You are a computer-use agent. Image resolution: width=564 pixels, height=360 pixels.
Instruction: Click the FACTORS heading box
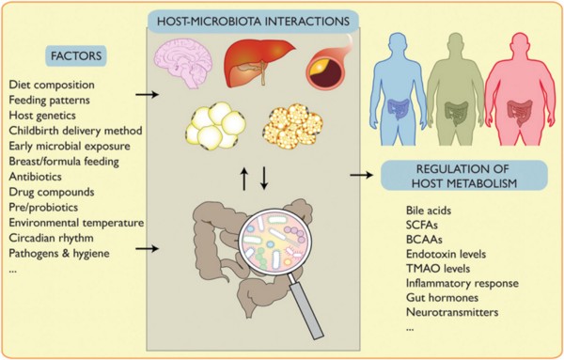(76, 55)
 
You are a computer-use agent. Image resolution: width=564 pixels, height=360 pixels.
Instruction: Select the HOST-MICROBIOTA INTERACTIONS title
(253, 22)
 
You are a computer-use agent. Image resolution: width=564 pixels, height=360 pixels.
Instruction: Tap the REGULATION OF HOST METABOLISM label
(464, 176)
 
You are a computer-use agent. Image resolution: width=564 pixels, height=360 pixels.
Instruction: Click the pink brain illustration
(183, 63)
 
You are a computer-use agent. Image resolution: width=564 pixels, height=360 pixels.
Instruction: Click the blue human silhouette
(399, 89)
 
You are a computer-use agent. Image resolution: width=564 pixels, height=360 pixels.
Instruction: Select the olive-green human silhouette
(457, 89)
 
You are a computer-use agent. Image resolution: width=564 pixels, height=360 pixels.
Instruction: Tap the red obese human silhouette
(520, 89)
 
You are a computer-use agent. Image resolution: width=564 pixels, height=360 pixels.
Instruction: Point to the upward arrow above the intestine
(244, 178)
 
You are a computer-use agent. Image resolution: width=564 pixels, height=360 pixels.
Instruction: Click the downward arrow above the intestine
(264, 178)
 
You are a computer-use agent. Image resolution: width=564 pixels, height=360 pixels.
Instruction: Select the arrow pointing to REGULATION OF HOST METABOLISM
(362, 175)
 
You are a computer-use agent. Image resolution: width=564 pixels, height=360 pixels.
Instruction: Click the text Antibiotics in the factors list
(36, 177)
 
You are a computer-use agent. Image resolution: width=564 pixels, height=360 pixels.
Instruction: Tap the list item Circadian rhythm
(51, 238)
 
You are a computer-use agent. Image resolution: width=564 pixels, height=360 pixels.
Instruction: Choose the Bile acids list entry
(429, 210)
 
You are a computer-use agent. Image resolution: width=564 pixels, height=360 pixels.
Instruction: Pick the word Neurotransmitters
(452, 312)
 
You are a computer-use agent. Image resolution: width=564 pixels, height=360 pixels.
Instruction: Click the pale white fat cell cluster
(215, 126)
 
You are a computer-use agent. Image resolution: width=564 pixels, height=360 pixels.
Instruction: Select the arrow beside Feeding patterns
(148, 95)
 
